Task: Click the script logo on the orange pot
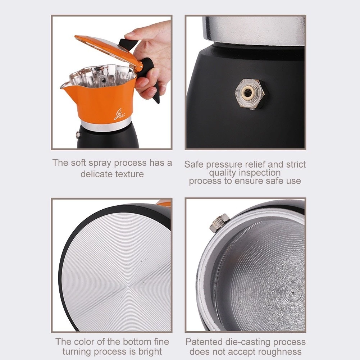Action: tap(120, 114)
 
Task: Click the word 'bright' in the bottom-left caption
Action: tap(150, 352)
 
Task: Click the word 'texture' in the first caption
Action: tap(129, 174)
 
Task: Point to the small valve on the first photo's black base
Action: tap(78, 135)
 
